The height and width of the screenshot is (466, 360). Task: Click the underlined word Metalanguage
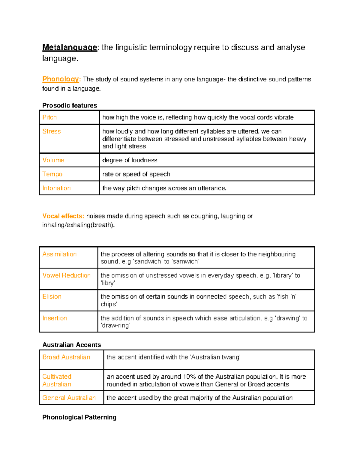(x=70, y=47)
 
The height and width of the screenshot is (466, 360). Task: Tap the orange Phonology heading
(x=61, y=79)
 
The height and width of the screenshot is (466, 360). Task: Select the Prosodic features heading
(x=70, y=105)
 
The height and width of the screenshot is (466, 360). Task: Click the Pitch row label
(x=49, y=117)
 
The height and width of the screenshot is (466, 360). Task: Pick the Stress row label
(x=51, y=131)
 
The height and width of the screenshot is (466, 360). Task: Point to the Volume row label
(x=53, y=160)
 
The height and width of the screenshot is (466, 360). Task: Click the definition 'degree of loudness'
(x=130, y=160)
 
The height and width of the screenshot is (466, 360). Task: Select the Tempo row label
(x=52, y=174)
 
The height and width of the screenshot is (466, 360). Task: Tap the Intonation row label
(x=56, y=188)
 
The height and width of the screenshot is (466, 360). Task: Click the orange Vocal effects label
(x=63, y=216)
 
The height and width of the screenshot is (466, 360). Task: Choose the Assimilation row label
(x=59, y=254)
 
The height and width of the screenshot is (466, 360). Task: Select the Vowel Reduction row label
(x=66, y=275)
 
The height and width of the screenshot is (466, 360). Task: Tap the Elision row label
(x=52, y=296)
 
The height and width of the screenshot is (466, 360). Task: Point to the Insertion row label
(x=55, y=318)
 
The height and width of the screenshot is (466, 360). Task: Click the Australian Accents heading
(x=71, y=345)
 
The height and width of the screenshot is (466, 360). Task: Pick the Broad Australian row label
(x=66, y=357)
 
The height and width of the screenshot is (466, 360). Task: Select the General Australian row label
(x=69, y=398)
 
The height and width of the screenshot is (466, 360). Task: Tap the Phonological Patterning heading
(x=79, y=417)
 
